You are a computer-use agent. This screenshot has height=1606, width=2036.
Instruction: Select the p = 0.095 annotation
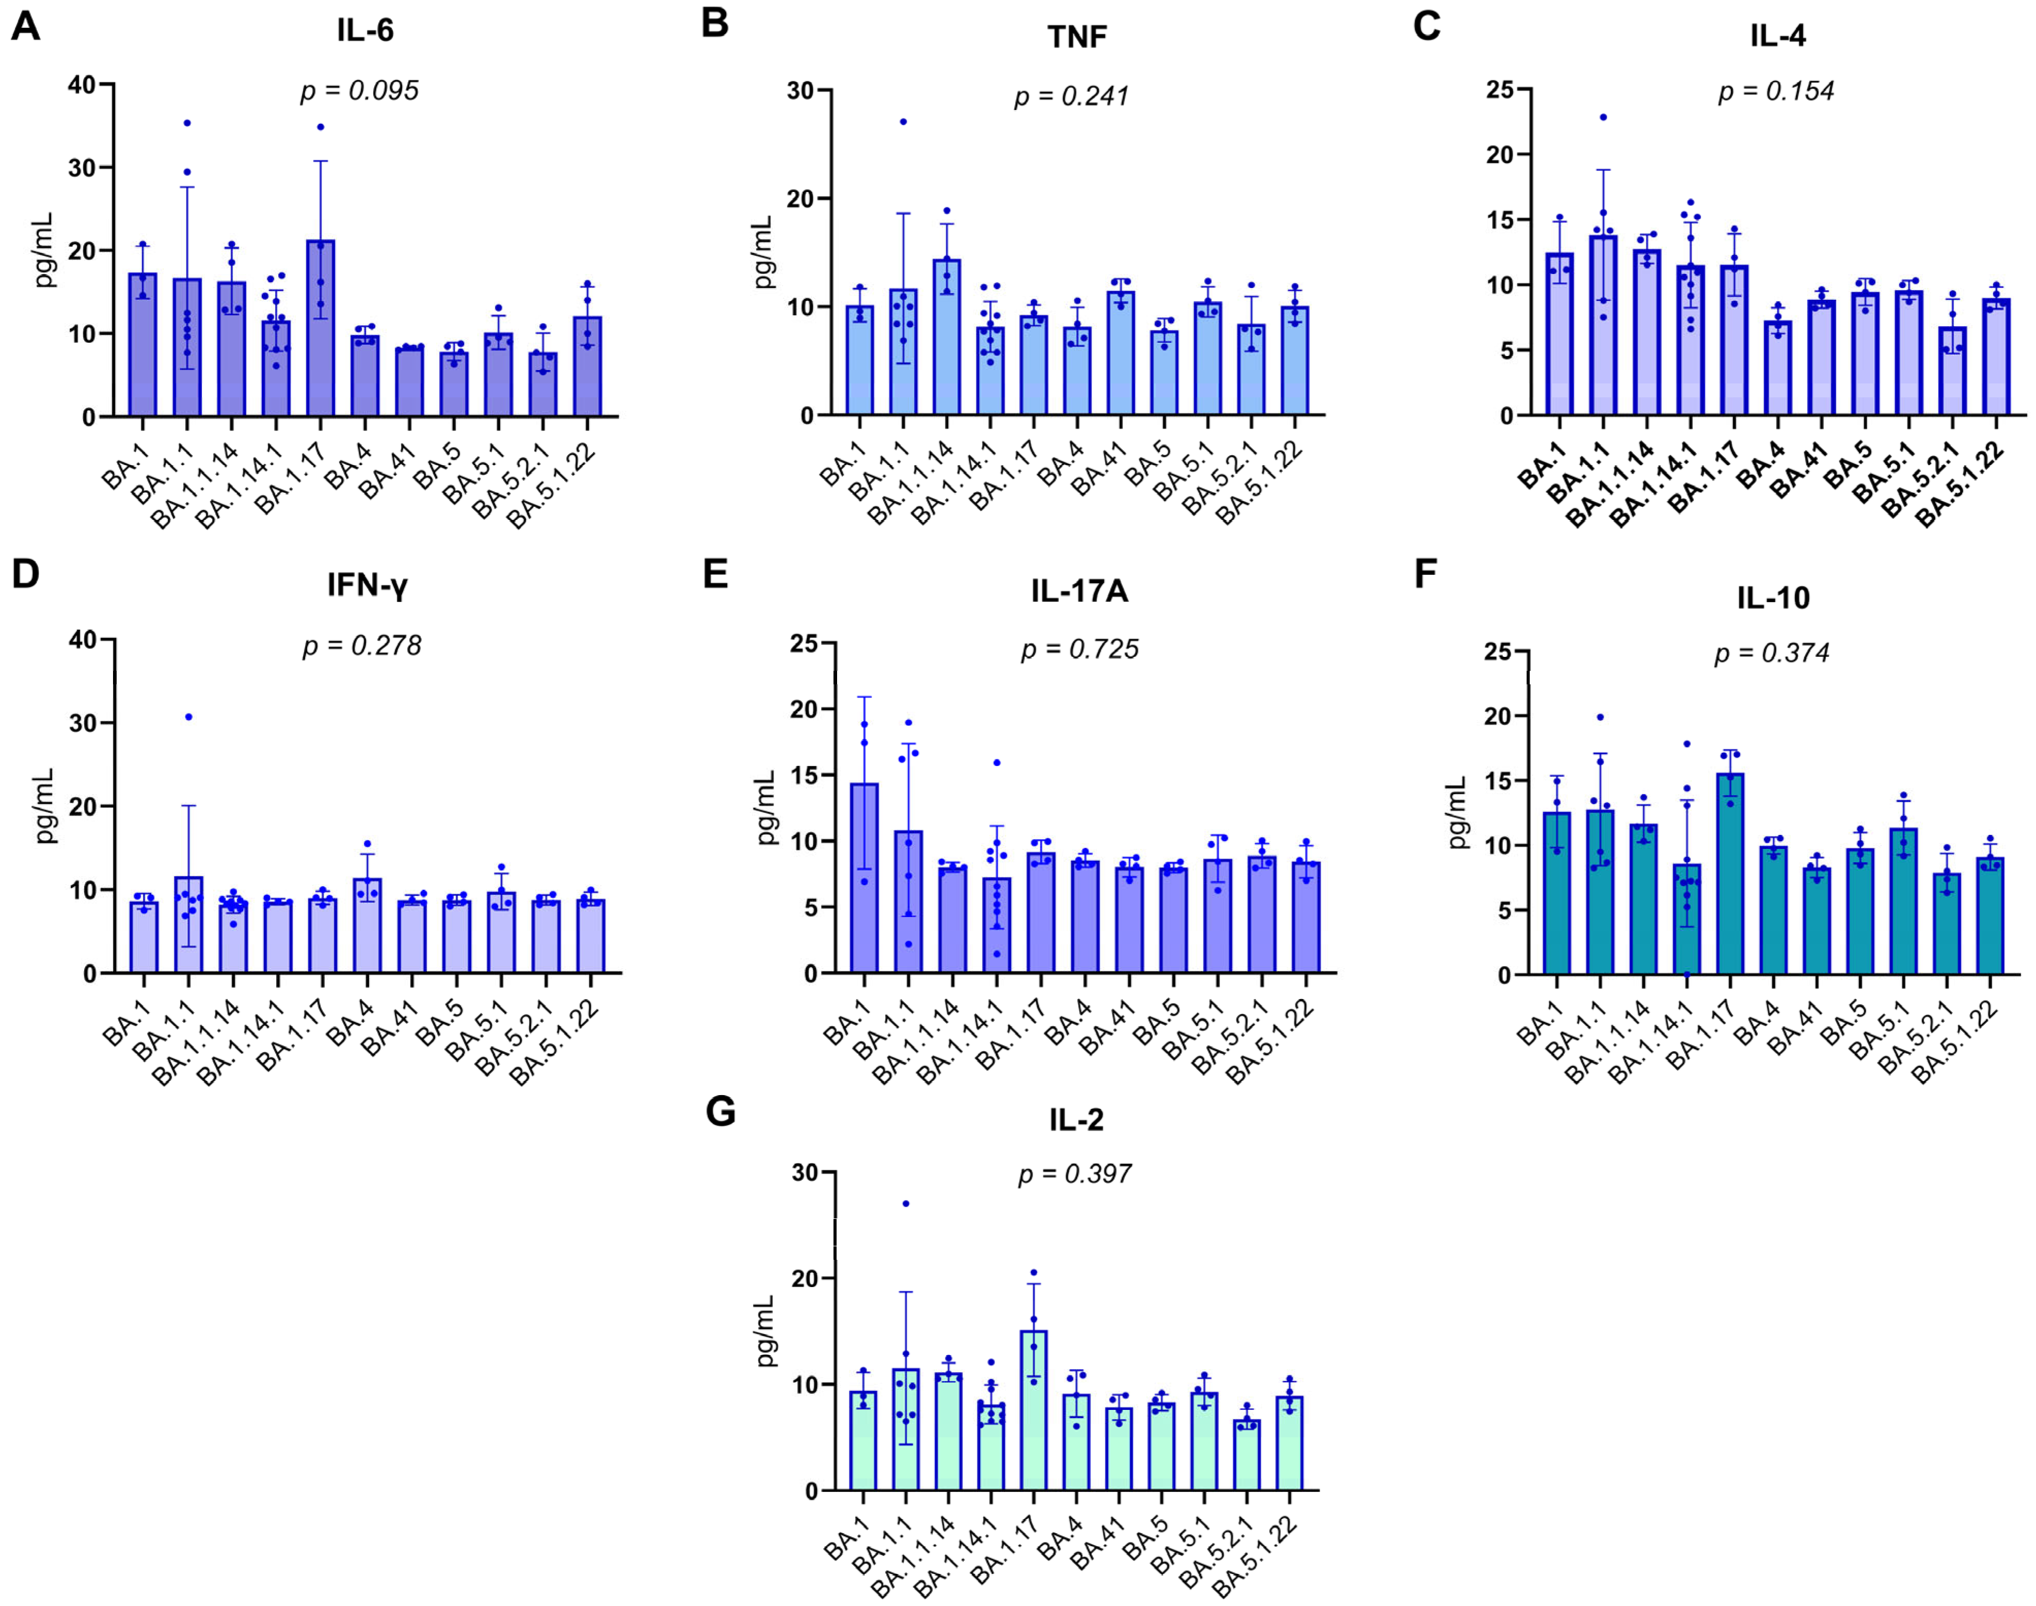359,91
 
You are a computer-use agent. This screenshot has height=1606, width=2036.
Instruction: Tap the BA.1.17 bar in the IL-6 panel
320,329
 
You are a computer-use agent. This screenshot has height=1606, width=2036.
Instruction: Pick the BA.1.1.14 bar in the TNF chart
947,339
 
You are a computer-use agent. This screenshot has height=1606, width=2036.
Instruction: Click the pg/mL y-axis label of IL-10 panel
1458,812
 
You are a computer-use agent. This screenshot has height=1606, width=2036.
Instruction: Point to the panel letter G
720,1112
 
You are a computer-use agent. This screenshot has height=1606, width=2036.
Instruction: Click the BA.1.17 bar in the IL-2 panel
1034,1410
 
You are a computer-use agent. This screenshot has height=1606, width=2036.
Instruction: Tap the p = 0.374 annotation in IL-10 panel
1772,653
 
